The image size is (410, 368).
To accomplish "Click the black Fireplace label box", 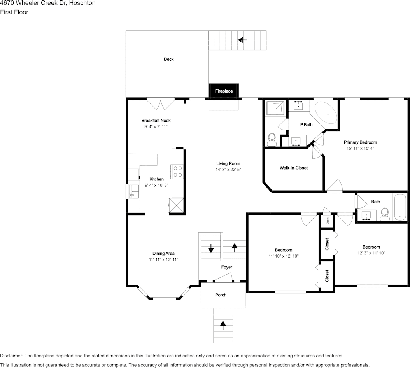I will (224, 91).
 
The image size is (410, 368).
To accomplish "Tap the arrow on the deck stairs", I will (243, 40).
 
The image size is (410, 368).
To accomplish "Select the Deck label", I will (168, 59).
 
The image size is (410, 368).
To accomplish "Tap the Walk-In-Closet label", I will (294, 168).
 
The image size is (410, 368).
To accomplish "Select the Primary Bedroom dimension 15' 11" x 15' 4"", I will (360, 148).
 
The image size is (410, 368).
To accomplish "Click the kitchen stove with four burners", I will (177, 172).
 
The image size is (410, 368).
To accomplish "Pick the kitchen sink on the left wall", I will (133, 191).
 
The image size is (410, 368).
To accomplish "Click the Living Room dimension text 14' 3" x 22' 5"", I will (228, 170).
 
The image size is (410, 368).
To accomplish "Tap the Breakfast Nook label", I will (156, 121).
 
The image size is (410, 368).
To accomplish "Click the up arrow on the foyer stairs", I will (235, 247).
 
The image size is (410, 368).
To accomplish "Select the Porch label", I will (221, 295).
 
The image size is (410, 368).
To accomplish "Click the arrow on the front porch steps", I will (223, 325).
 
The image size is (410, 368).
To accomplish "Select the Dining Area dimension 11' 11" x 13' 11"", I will (163, 259).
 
